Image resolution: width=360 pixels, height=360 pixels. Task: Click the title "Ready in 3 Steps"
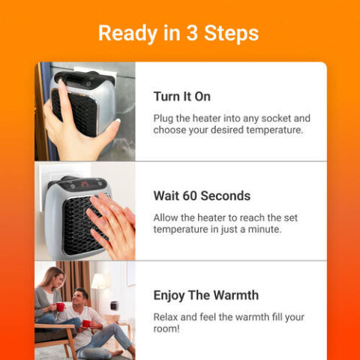(178, 33)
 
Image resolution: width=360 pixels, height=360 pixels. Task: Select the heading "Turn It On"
(181, 97)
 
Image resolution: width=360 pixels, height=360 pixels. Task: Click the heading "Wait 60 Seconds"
(202, 196)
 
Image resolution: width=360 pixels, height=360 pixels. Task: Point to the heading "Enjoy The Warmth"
(205, 295)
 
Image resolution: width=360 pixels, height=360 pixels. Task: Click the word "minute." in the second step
(262, 229)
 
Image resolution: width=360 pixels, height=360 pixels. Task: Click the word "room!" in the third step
(169, 328)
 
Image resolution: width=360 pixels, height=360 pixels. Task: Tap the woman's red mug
(60, 306)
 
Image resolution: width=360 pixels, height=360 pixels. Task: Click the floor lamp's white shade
(98, 281)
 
